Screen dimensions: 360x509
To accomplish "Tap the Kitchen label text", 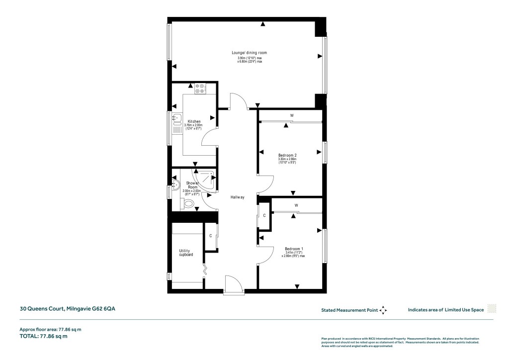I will [x=194, y=121].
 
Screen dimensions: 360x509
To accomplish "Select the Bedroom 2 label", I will [x=287, y=155].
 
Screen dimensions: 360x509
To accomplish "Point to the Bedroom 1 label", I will [x=294, y=249].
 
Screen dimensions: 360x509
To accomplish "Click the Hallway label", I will [x=238, y=197].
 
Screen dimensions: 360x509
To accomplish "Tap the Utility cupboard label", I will [x=186, y=253].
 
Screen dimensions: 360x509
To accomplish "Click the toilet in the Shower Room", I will [x=188, y=203].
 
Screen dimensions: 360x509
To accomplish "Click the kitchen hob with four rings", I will [x=200, y=88].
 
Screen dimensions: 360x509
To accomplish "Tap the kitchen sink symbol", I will [x=177, y=118].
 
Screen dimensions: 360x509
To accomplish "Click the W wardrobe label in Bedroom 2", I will [x=292, y=116].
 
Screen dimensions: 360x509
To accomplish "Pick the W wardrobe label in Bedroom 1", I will [x=296, y=205].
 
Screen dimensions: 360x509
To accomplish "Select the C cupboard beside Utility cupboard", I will [x=211, y=235].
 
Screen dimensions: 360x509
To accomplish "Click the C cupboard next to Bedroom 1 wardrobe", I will [x=264, y=215].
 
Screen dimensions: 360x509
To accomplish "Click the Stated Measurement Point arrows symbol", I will [x=383, y=310].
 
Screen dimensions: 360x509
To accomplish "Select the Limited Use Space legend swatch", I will [x=492, y=309].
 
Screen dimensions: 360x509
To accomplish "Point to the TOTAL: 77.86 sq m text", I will [x=43, y=336].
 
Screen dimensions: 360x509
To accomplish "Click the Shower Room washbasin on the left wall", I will [x=175, y=185].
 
